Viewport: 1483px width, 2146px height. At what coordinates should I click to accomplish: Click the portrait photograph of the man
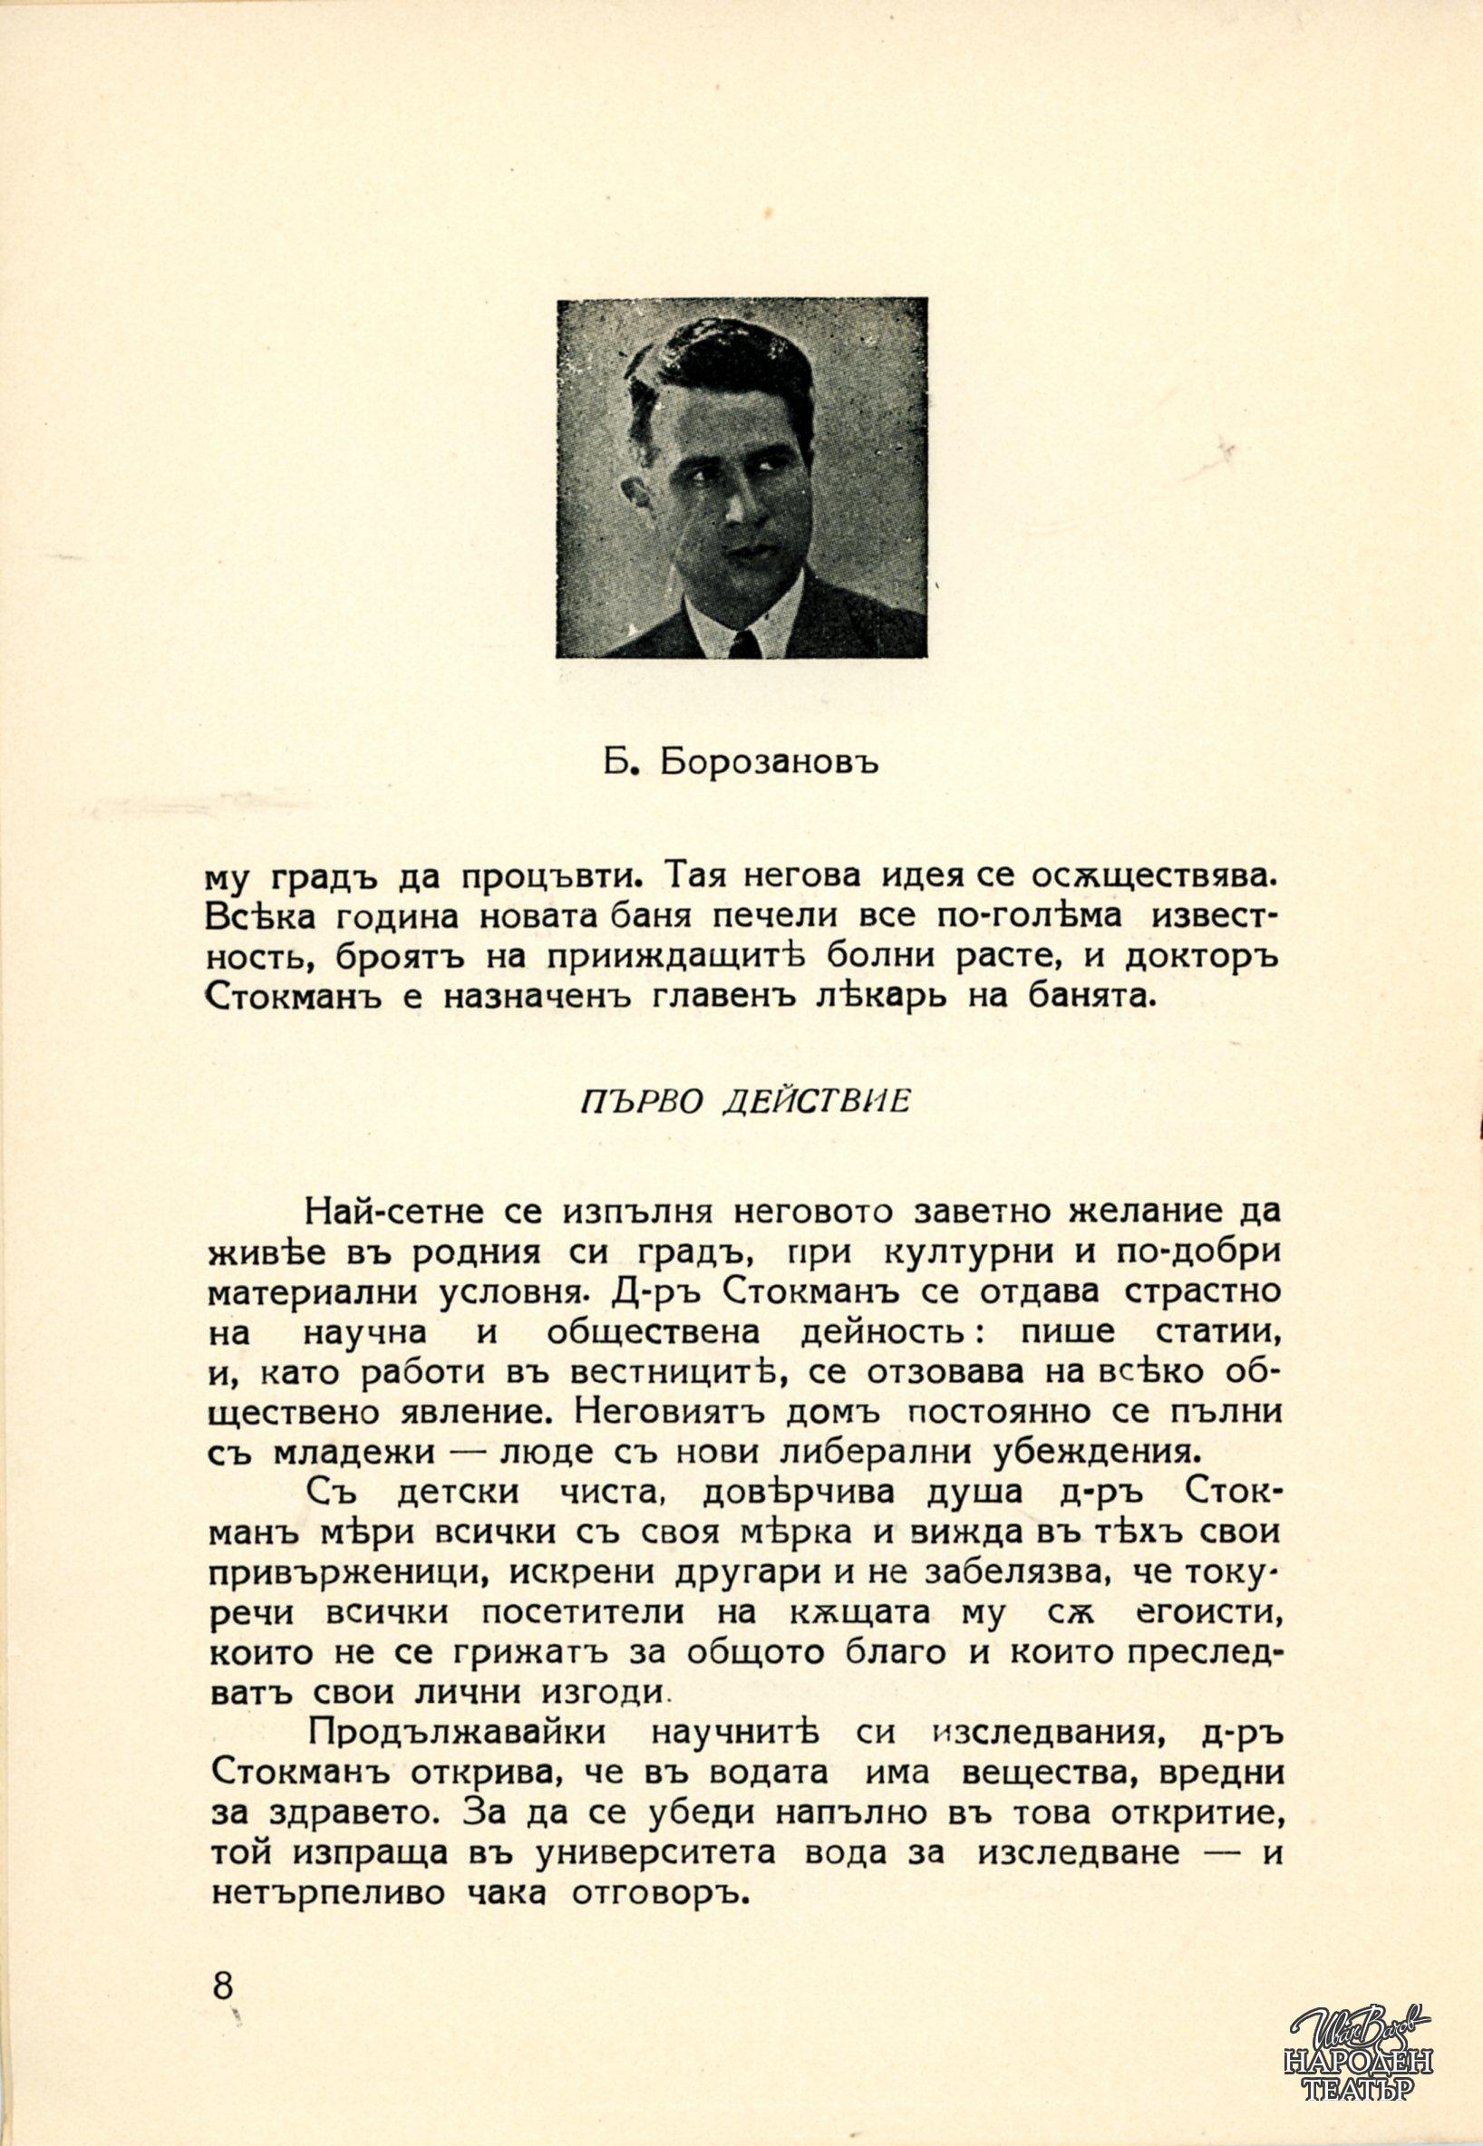[x=741, y=478]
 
